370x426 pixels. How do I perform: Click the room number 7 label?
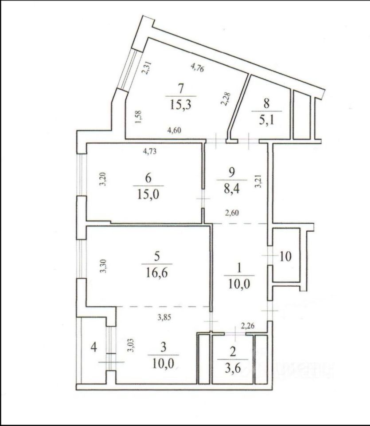click(x=180, y=88)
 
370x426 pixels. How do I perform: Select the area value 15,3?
click(x=180, y=105)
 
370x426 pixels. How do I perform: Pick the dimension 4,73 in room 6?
click(x=150, y=150)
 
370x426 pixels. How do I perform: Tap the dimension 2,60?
click(x=233, y=213)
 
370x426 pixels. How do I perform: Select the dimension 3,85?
click(x=164, y=318)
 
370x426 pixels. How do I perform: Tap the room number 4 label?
click(x=93, y=346)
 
